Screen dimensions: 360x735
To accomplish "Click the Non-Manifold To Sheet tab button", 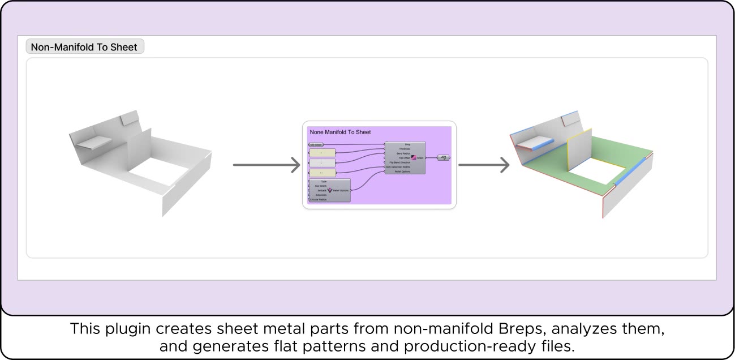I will pyautogui.click(x=85, y=47).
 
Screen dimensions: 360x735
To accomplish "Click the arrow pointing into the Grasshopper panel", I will pyautogui.click(x=266, y=165).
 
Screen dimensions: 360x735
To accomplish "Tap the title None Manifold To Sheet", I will pyautogui.click(x=340, y=132).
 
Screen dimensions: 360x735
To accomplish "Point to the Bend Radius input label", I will pyautogui.click(x=403, y=153).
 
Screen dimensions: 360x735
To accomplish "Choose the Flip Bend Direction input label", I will pyautogui.click(x=401, y=162).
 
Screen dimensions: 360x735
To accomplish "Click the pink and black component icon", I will pyautogui.click(x=414, y=158).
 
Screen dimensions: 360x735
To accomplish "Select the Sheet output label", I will pyautogui.click(x=420, y=158).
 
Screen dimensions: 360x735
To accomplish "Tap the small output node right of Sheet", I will pyautogui.click(x=444, y=158).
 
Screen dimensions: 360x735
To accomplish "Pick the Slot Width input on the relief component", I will pyautogui.click(x=320, y=186).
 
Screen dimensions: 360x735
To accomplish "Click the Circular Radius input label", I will pyautogui.click(x=318, y=200).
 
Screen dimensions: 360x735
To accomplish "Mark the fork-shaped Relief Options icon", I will pyautogui.click(x=330, y=190).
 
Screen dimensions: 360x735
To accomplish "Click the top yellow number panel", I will pyautogui.click(x=323, y=153).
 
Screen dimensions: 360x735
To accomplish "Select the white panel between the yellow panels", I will pyautogui.click(x=323, y=162).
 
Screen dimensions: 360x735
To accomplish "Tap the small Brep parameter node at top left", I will pyautogui.click(x=316, y=144).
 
